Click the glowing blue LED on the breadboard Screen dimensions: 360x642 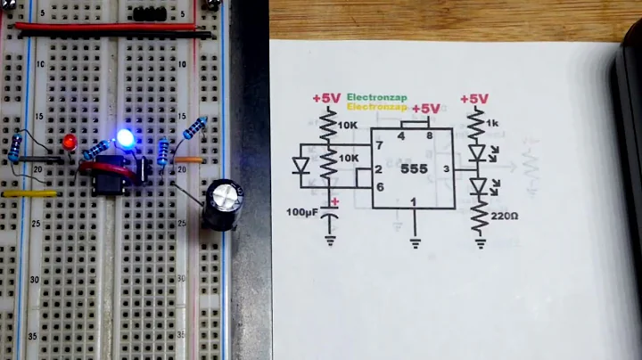click(x=126, y=138)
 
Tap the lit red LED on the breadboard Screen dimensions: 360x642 click(x=70, y=143)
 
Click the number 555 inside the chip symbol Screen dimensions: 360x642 click(x=416, y=168)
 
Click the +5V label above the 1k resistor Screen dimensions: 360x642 click(x=474, y=99)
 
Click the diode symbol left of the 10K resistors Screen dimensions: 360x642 click(x=301, y=165)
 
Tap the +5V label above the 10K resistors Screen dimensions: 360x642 click(x=326, y=98)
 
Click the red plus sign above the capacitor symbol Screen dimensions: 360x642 click(x=336, y=202)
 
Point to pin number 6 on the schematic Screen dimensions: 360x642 click(x=379, y=185)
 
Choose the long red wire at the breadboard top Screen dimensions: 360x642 click(x=107, y=27)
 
